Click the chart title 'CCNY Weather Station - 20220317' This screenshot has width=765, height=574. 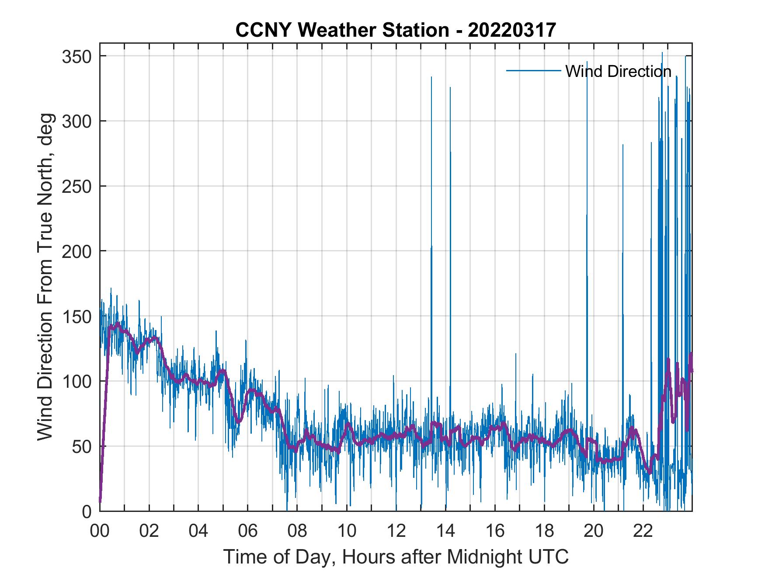(395, 30)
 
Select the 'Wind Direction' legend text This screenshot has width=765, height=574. (618, 71)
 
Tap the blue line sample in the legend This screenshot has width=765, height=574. (533, 70)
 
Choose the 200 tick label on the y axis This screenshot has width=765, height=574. (76, 251)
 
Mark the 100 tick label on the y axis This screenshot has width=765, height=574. (76, 381)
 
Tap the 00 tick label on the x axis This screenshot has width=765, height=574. (100, 531)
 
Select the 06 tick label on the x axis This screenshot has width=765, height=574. (248, 531)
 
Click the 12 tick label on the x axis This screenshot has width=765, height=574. (396, 531)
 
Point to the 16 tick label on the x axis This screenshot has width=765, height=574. (495, 531)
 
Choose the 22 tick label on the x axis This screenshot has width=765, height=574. (643, 531)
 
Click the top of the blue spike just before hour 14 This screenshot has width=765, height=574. (431, 77)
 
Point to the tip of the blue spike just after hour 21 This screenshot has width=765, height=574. (623, 145)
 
